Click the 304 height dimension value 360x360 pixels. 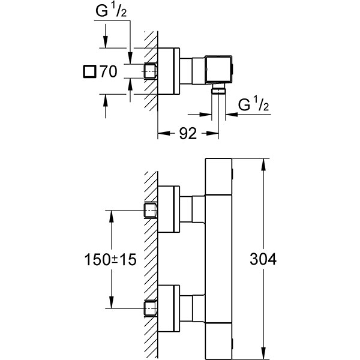[x=263, y=259]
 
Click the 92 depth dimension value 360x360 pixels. [x=188, y=133]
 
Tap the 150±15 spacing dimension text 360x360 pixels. [x=110, y=260]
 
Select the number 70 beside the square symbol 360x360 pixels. [x=109, y=71]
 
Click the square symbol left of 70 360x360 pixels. [x=89, y=71]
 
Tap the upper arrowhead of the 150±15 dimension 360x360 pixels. [x=112, y=216]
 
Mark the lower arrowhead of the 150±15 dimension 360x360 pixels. [x=112, y=303]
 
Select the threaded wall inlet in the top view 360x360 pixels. [x=151, y=71]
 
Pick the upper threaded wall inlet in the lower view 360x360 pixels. [x=151, y=210]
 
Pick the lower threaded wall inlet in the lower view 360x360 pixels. [x=151, y=308]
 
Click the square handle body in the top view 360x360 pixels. [x=218, y=68]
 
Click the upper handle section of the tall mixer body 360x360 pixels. [x=218, y=176]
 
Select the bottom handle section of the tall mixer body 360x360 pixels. [x=218, y=341]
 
